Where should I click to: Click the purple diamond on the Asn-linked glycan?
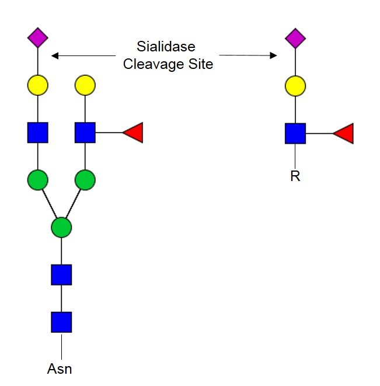(x=38, y=39)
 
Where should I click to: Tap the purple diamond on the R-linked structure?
(x=295, y=39)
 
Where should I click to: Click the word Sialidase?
(x=166, y=46)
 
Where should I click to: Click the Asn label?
(x=61, y=368)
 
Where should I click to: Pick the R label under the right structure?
(x=295, y=176)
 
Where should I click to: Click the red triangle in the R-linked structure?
(x=344, y=133)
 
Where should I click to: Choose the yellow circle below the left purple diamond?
(x=38, y=86)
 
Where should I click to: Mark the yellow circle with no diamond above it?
(x=85, y=86)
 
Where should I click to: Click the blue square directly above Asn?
(x=61, y=322)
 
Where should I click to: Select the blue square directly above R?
(x=295, y=133)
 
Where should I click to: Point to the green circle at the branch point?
(x=61, y=227)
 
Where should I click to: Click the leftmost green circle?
(x=38, y=180)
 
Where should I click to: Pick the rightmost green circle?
(x=85, y=180)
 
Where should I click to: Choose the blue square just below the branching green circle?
(x=61, y=274)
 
